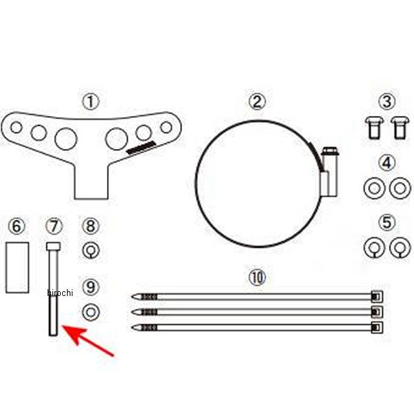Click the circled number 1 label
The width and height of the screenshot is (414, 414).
pyautogui.click(x=91, y=102)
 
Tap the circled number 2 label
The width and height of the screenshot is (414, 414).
pyautogui.click(x=257, y=102)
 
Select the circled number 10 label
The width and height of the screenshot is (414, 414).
pyautogui.click(x=257, y=277)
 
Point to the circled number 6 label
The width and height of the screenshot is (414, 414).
pyautogui.click(x=17, y=226)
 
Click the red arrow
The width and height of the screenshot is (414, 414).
pyautogui.click(x=88, y=341)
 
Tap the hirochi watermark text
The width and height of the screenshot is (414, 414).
pyautogui.click(x=60, y=293)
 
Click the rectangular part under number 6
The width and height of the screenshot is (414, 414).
pyautogui.click(x=17, y=268)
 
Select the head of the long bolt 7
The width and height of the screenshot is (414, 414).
pyautogui.click(x=53, y=246)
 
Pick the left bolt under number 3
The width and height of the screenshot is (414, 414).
pyautogui.click(x=374, y=128)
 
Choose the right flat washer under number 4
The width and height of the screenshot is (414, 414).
pyautogui.click(x=400, y=188)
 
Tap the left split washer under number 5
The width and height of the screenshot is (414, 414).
pyautogui.click(x=374, y=248)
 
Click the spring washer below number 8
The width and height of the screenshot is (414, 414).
pyautogui.click(x=91, y=250)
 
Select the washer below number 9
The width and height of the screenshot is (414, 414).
pyautogui.click(x=91, y=312)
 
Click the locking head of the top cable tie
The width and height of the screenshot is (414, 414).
pyautogui.click(x=377, y=297)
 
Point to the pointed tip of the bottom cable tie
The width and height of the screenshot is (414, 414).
pyautogui.click(x=132, y=328)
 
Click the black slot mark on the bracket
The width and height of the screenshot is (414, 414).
pyautogui.click(x=141, y=148)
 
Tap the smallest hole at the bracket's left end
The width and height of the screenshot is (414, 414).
pyautogui.click(x=16, y=127)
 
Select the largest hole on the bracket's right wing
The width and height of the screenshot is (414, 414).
pyautogui.click(x=117, y=139)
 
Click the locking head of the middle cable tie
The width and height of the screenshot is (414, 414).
pyautogui.click(x=377, y=313)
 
